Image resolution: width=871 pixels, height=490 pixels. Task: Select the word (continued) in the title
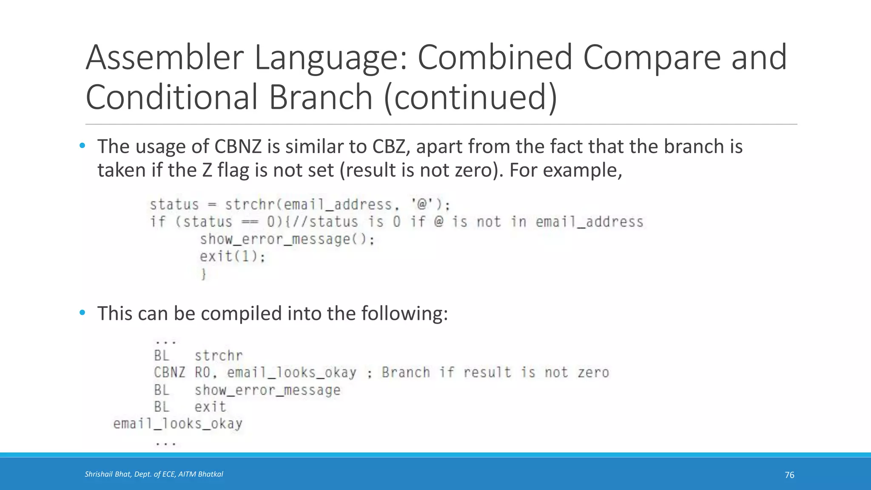click(470, 97)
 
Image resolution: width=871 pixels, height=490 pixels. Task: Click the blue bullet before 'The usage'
click(83, 146)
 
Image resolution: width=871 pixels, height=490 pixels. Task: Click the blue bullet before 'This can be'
click(83, 313)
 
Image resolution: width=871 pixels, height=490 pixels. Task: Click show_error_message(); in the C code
click(287, 239)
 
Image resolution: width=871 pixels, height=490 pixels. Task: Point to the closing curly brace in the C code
click(204, 274)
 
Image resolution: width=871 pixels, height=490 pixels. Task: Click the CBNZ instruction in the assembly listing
click(169, 373)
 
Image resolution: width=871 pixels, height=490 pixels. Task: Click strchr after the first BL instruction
click(219, 356)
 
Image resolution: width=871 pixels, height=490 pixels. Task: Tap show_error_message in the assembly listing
click(268, 390)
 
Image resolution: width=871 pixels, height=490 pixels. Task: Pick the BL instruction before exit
click(162, 407)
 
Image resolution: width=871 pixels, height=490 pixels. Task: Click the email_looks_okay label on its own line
click(178, 424)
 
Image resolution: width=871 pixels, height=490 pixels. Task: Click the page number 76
click(789, 475)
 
